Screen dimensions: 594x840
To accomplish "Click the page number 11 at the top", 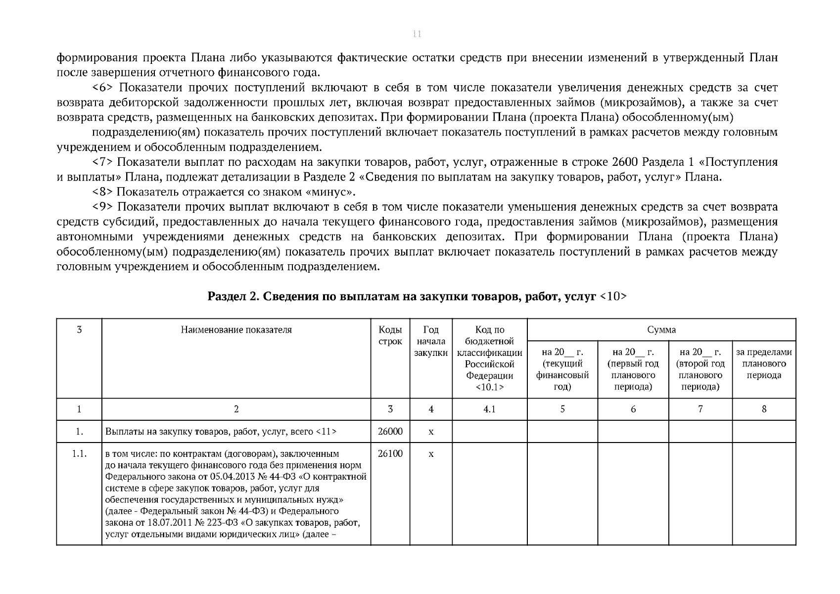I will (417, 34).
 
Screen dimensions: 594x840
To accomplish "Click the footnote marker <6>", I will (103, 88).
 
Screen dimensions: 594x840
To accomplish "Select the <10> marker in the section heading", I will (613, 297).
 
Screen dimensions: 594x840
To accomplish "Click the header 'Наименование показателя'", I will (236, 330).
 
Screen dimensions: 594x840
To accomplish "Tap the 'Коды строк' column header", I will (390, 336).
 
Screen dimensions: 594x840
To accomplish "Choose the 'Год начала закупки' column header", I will (431, 342).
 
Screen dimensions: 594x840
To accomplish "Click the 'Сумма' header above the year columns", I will (661, 330).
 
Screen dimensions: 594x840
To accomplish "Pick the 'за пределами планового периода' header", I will (764, 364).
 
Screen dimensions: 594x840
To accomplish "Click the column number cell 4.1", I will (489, 409).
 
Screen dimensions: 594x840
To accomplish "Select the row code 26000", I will (390, 432).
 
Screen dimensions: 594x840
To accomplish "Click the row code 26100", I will (390, 454).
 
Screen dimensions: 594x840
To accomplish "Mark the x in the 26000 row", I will (431, 432).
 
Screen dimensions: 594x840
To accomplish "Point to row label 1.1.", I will (79, 454).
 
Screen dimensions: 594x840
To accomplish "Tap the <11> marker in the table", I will (326, 432).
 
